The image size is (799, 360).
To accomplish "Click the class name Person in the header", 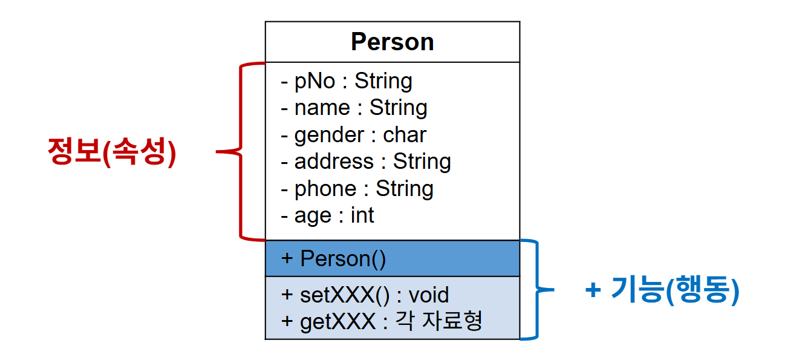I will click(x=392, y=42).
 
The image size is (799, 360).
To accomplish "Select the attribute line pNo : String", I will click(x=347, y=80).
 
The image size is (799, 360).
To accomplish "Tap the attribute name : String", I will click(x=354, y=108).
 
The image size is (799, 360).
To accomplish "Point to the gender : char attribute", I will click(x=354, y=134).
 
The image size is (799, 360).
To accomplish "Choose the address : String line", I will click(x=366, y=162).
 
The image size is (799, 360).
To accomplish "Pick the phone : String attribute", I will click(x=357, y=189).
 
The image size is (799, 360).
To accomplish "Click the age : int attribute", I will click(x=328, y=215).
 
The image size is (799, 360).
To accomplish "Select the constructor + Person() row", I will click(x=333, y=258).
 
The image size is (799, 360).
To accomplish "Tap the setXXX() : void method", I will click(x=365, y=295).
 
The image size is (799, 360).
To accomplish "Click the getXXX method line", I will click(x=382, y=321).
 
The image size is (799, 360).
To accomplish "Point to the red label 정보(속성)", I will click(x=111, y=152).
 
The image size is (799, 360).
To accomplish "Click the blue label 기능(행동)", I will click(x=675, y=291).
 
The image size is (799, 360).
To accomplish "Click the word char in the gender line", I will click(x=405, y=134).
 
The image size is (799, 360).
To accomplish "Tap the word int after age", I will click(x=362, y=215).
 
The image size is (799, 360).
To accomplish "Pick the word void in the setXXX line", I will click(x=429, y=295).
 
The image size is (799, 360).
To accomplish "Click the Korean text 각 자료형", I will click(x=439, y=321).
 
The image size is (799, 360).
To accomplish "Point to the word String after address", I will click(x=422, y=162).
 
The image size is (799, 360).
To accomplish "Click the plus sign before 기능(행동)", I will click(x=593, y=291).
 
